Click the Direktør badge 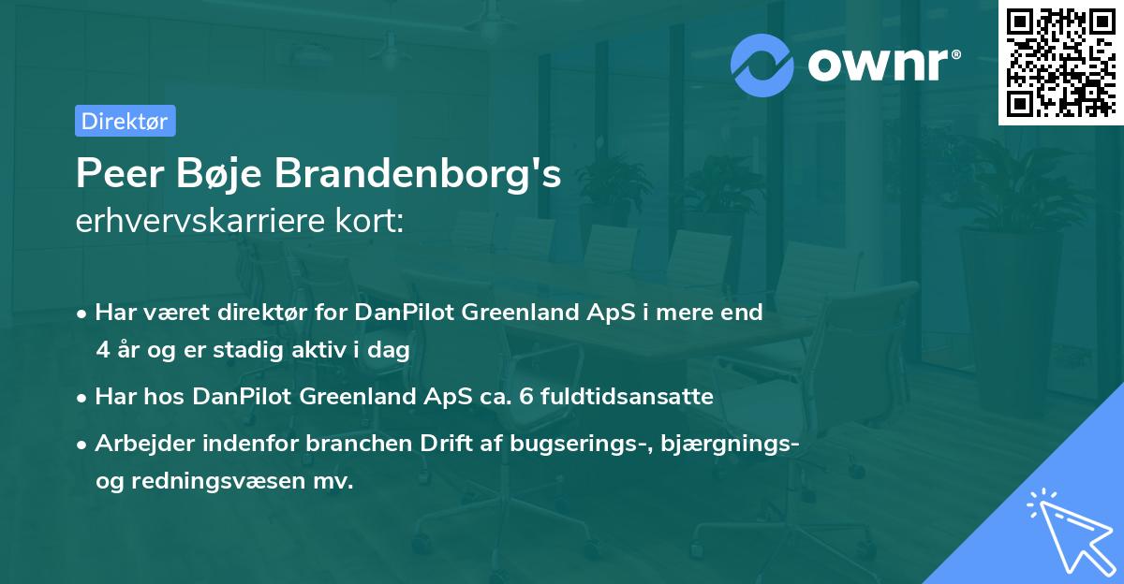[125, 121]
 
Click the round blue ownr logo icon [762, 65]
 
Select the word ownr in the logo [881, 65]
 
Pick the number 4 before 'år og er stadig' [102, 349]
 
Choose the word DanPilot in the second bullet [243, 397]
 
